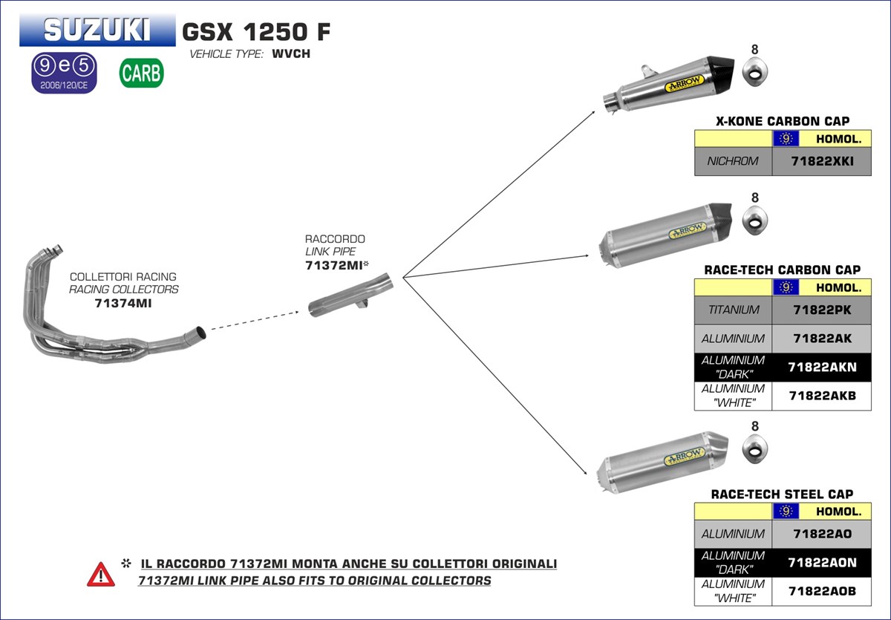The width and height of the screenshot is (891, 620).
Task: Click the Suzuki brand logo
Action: point(97,30)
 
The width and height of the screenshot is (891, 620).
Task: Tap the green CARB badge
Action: point(141,73)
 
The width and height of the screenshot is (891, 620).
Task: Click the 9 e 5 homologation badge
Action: point(64,73)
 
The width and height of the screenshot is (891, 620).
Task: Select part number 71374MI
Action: point(123,303)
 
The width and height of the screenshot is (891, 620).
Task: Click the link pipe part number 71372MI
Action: point(333,265)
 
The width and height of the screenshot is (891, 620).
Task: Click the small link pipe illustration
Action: point(349,297)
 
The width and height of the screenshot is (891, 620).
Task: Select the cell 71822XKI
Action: point(821,161)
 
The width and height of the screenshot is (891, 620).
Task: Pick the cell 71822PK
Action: point(821,310)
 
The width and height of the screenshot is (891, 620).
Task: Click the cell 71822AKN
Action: point(821,367)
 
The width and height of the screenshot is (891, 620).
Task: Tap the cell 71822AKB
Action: point(821,396)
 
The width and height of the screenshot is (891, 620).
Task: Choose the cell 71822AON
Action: point(821,563)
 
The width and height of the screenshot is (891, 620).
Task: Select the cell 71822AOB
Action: point(821,592)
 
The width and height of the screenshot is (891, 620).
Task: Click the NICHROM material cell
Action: point(733,161)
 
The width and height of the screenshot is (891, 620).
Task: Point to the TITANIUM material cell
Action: point(733,310)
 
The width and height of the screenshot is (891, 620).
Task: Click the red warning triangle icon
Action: point(101,573)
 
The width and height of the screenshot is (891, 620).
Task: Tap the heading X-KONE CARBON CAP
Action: point(783,121)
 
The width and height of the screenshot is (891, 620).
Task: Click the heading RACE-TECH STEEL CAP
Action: point(782,494)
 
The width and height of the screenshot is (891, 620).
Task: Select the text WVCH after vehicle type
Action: point(291,54)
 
